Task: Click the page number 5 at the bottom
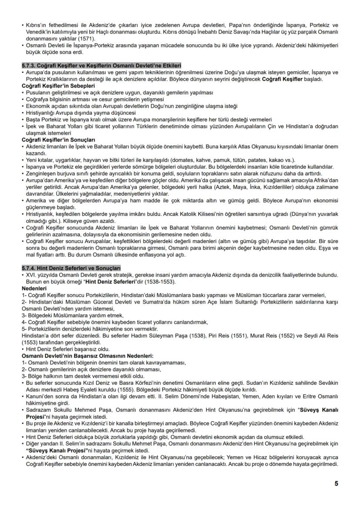[336, 483]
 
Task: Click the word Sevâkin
[327, 384]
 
